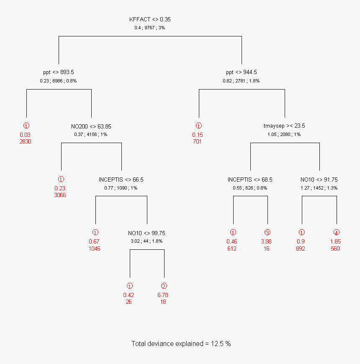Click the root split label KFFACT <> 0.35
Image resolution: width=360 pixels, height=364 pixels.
(x=150, y=19)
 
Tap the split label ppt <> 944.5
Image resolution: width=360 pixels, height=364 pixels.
(x=241, y=72)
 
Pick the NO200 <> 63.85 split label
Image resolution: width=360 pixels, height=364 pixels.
(x=91, y=126)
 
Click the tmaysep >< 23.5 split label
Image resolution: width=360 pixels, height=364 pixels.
(x=284, y=126)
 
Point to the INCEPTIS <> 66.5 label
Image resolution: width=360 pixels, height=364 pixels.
(x=121, y=179)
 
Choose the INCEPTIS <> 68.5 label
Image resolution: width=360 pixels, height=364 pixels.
(x=250, y=179)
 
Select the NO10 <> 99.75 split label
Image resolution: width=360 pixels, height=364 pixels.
(x=147, y=233)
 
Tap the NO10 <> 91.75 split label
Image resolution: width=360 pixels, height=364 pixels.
(x=319, y=179)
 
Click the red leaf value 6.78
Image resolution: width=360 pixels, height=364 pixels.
(x=163, y=295)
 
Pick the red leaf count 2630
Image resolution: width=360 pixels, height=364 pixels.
(x=25, y=141)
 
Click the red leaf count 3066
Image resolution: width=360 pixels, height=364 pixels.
(x=60, y=195)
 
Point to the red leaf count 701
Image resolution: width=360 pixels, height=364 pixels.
(x=198, y=141)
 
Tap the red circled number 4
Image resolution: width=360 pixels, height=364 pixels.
(x=336, y=233)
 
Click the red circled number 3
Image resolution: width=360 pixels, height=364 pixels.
(x=267, y=233)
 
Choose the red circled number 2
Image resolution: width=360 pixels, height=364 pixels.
(x=164, y=286)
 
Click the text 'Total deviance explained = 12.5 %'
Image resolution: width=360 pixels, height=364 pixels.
(x=181, y=343)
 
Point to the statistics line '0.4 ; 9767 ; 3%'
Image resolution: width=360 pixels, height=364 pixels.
(x=150, y=28)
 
